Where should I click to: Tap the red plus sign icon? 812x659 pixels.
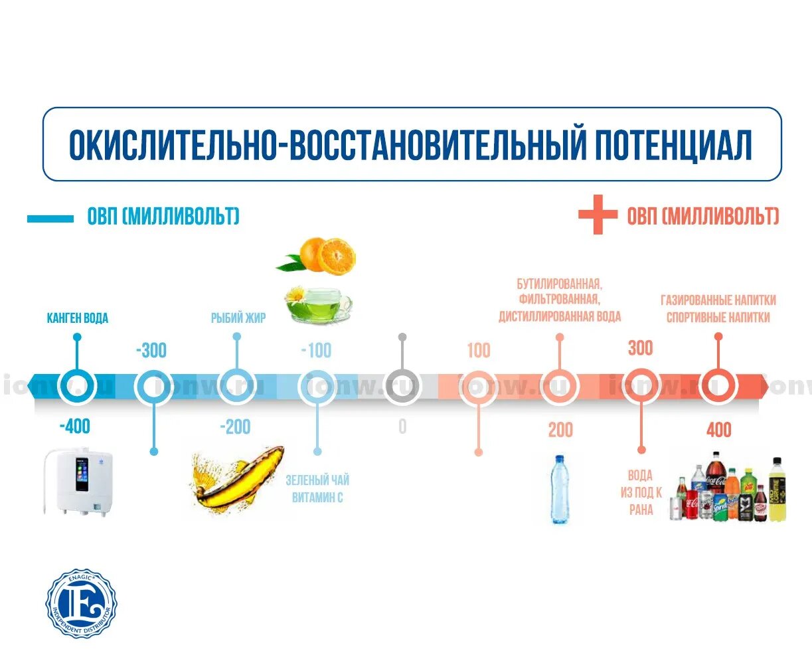598,215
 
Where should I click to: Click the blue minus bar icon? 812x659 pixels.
50,219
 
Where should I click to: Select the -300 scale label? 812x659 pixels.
151,350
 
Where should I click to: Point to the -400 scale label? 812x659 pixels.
74,426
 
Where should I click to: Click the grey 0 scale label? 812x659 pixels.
402,426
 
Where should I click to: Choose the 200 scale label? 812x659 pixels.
560,430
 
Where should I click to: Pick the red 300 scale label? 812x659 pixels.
641,348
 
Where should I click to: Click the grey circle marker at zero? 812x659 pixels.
402,385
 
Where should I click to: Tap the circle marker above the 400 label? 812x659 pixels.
718,385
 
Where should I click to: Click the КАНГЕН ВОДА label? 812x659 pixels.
77,318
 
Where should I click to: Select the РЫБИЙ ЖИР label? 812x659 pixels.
238,318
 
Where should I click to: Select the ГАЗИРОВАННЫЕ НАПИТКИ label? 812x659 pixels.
718,300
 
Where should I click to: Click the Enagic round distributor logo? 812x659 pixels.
81,603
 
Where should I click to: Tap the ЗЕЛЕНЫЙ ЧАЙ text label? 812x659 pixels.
317,480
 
